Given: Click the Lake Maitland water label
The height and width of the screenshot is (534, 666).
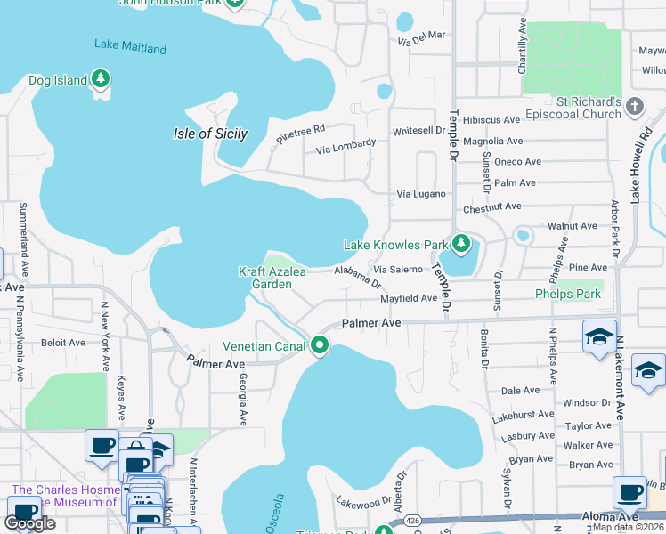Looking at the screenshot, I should click(x=130, y=46).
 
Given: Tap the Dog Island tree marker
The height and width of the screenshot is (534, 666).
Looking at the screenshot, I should click(x=101, y=80).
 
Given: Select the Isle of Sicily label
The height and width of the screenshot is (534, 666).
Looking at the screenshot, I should click(x=209, y=133).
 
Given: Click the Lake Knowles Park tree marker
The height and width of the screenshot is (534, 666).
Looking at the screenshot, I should click(x=460, y=243).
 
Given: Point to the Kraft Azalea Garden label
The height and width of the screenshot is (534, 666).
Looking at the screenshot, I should click(x=265, y=278).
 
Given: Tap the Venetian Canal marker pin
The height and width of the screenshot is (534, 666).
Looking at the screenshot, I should click(x=320, y=344).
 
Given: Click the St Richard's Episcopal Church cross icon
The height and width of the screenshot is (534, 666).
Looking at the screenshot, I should click(x=634, y=107).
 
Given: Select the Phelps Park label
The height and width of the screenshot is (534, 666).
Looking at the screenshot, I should click(x=568, y=294).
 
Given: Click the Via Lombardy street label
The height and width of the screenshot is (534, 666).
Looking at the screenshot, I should click(x=345, y=147).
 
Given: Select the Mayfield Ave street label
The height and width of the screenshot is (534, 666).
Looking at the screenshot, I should click(x=409, y=299).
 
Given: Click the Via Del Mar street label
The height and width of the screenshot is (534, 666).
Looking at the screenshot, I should click(x=422, y=38).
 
